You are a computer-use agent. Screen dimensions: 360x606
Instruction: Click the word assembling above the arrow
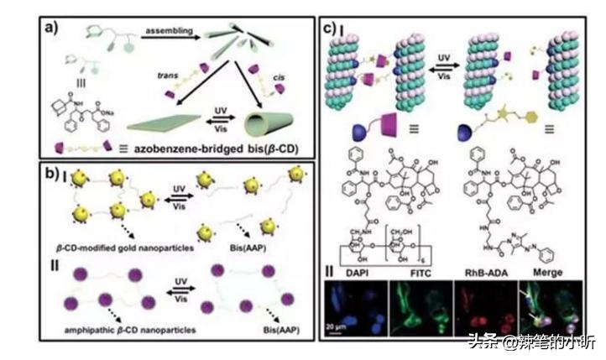pos(167,33)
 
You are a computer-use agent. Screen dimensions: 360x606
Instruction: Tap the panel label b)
pos(55,175)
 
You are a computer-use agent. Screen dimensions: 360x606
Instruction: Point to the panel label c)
pos(332,29)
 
